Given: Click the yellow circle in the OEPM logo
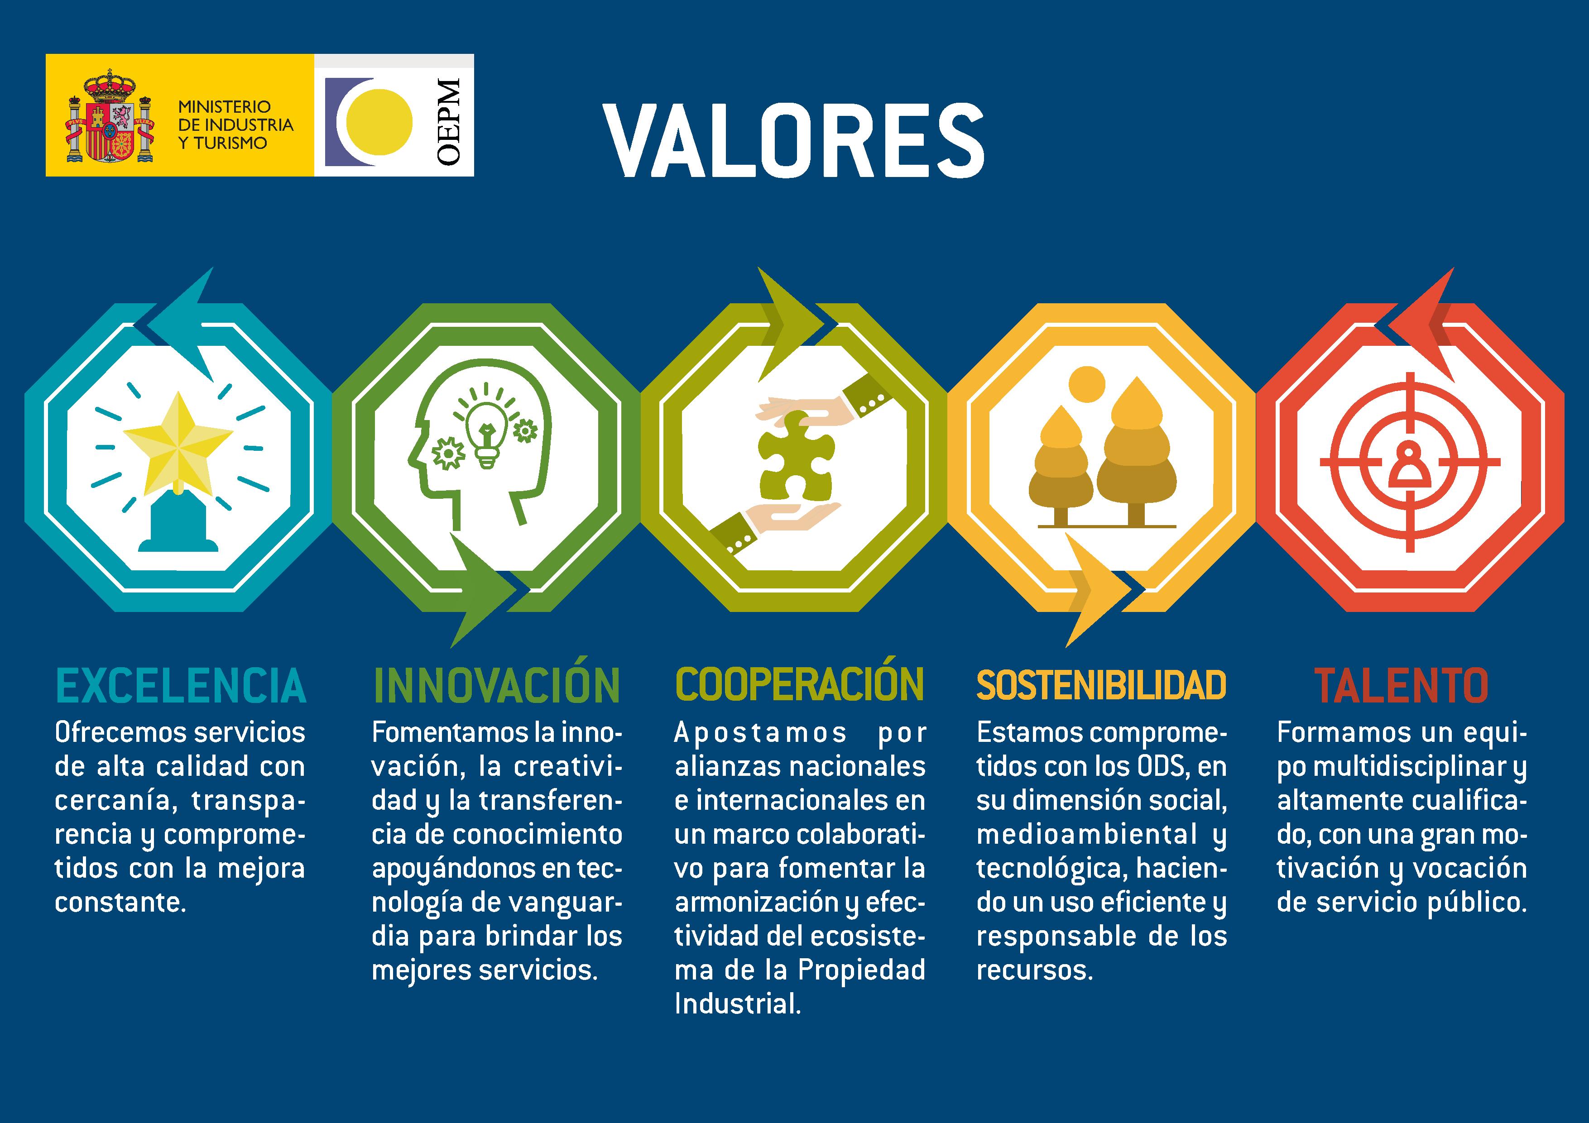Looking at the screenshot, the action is pyautogui.click(x=379, y=122).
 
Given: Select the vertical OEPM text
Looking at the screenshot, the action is pyautogui.click(x=448, y=122).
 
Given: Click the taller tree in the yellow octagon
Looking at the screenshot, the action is pyautogui.click(x=1136, y=450).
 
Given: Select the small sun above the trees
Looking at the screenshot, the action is pyautogui.click(x=1086, y=383).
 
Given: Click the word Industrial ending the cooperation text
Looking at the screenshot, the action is pyautogui.click(x=738, y=1004).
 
